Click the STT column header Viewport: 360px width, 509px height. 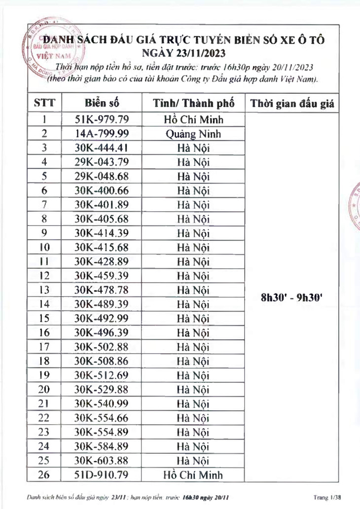pos(44,103)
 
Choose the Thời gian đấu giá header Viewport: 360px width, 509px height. pos(292,104)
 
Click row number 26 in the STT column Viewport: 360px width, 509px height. pos(44,475)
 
